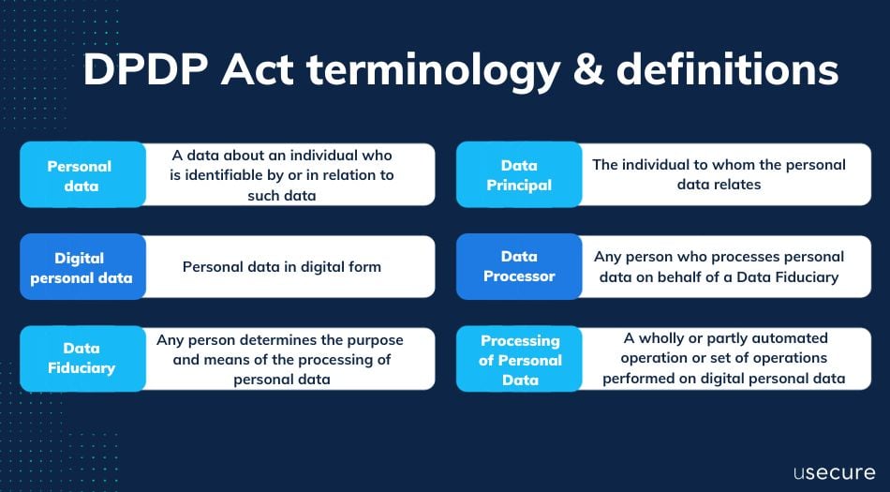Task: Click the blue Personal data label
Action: point(80,175)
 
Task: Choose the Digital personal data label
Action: point(81,267)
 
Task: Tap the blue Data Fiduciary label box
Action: point(81,358)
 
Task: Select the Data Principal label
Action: point(519,175)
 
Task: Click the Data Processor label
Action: point(519,266)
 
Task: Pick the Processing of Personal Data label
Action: point(519,360)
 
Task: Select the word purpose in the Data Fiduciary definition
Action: point(371,339)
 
